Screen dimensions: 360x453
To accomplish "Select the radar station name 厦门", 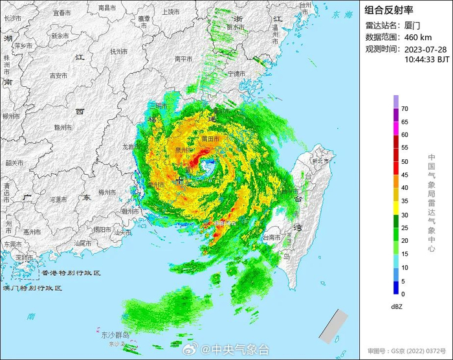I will click(x=414, y=26).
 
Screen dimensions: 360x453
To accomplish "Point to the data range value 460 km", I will click(x=418, y=37).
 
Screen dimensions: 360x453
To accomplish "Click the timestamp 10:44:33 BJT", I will click(x=426, y=59).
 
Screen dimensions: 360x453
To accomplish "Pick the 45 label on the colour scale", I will click(x=404, y=175).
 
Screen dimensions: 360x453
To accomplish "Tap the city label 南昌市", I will click(x=107, y=7).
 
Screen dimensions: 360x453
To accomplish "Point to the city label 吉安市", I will click(x=59, y=75).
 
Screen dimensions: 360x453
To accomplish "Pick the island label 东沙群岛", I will click(x=116, y=335).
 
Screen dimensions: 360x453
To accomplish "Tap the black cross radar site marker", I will click(x=179, y=181).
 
